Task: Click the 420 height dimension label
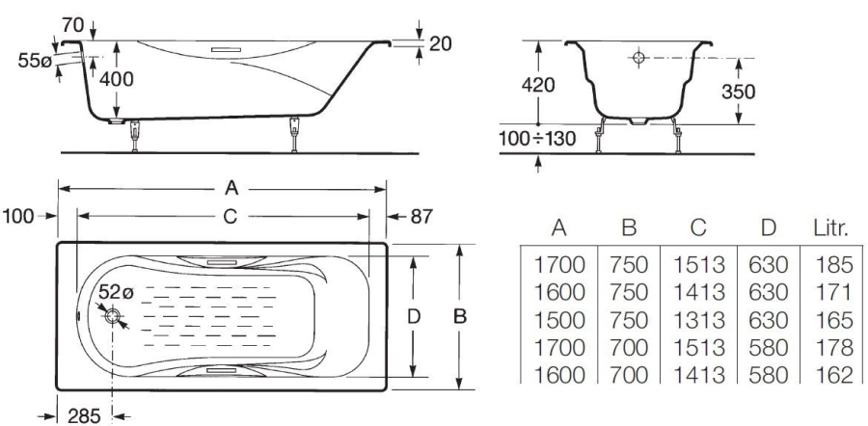(538, 85)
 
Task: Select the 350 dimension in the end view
(738, 92)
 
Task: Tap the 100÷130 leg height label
(537, 138)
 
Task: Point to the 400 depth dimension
(117, 79)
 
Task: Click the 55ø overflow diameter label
(35, 61)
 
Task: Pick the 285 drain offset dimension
(84, 415)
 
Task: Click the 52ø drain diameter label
(116, 292)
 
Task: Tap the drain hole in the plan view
(113, 316)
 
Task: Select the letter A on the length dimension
(231, 189)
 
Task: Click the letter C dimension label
(230, 217)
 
